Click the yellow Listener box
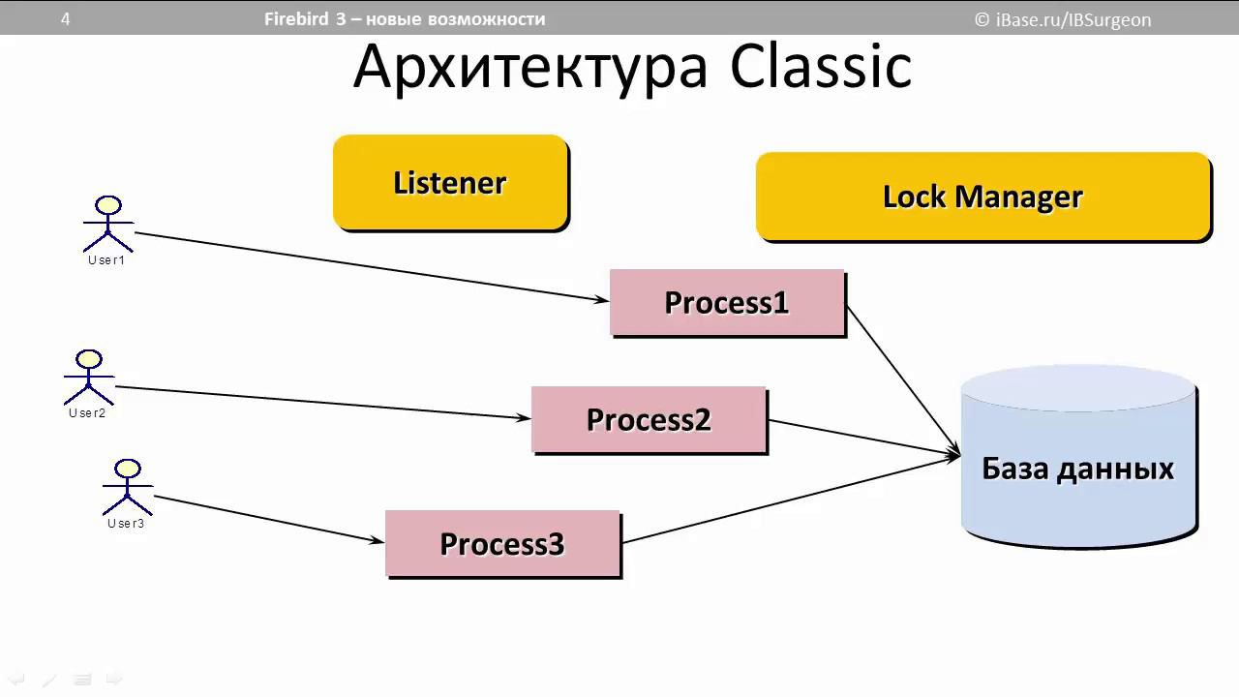coord(450,182)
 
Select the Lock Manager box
coord(982,196)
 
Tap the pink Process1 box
coord(727,302)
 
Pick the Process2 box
coord(649,419)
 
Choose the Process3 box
coord(502,543)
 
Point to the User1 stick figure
coord(108,224)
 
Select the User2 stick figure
coord(89,378)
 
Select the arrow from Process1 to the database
coord(903,379)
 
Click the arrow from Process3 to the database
coord(789,500)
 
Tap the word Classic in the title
coord(821,67)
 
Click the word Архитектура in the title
coord(530,67)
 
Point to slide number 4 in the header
coord(66,18)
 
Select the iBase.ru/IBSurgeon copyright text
coord(1063,19)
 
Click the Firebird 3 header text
coord(405,18)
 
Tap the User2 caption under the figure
coord(87,413)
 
